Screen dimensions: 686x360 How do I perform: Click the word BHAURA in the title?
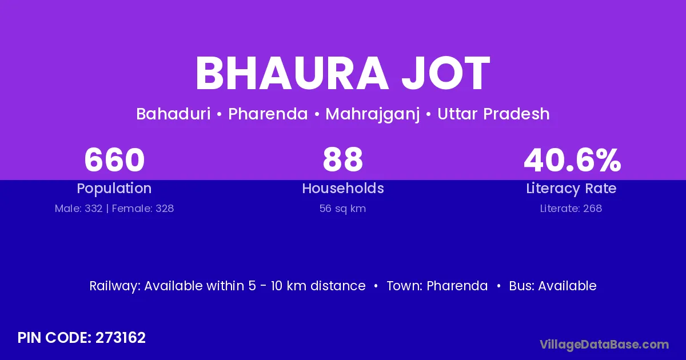coord(292,74)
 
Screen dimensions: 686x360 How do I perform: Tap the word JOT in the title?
coord(445,74)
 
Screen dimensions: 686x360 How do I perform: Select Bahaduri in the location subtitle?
coord(173,114)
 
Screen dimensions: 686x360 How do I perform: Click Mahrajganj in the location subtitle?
coord(372,114)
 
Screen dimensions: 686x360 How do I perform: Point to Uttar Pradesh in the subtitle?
coord(493,114)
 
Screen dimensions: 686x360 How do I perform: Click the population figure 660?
coord(114,159)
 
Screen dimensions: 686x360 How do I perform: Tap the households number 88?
coord(342,159)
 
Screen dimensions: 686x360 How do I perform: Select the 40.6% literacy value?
coord(572,159)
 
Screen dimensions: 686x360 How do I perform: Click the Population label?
coord(114,189)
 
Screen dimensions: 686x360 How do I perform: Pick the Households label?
coord(343,188)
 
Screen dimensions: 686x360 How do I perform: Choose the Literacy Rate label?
coord(571,189)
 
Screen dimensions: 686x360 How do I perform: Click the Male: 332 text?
coord(78,209)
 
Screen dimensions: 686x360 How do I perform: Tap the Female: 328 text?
coord(143,209)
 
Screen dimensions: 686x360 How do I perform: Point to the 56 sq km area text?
coord(342,209)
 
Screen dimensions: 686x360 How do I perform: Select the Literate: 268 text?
coord(571,209)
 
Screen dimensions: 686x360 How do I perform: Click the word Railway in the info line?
coord(115,286)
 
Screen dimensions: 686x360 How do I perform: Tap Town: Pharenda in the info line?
coord(437,286)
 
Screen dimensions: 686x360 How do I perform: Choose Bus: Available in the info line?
coord(553,286)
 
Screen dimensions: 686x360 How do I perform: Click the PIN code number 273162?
coord(121,338)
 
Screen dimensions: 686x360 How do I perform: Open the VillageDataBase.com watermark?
coord(604,345)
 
